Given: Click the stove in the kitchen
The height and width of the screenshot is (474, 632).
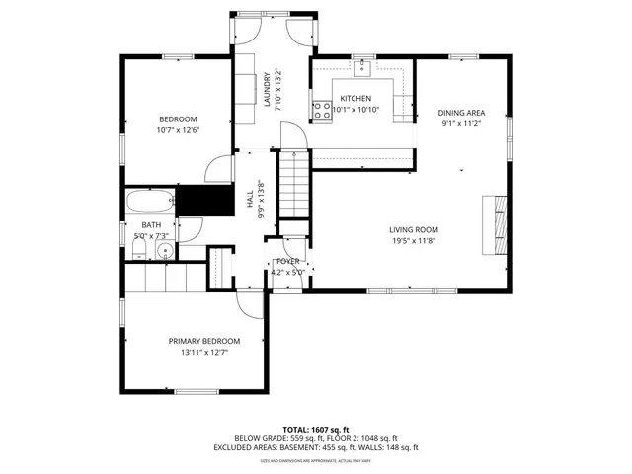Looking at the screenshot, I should pos(321,111).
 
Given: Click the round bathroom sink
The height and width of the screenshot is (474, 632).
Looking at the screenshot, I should pos(164,249).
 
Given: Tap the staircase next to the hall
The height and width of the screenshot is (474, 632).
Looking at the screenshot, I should pos(295,191).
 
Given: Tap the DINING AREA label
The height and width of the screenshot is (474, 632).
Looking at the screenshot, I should pos(461,113).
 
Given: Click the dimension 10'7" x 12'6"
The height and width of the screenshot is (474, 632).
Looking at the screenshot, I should pos(178,130).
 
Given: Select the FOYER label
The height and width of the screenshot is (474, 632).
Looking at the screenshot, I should pos(287,261).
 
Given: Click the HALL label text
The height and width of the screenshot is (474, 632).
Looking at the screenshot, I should pos(250,199).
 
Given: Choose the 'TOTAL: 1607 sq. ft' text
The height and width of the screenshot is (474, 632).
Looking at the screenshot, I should pos(316,429).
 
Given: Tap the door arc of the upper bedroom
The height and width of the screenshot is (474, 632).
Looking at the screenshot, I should pos(218,169).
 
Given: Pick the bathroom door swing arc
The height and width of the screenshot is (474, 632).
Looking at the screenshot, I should pos(193,229).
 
